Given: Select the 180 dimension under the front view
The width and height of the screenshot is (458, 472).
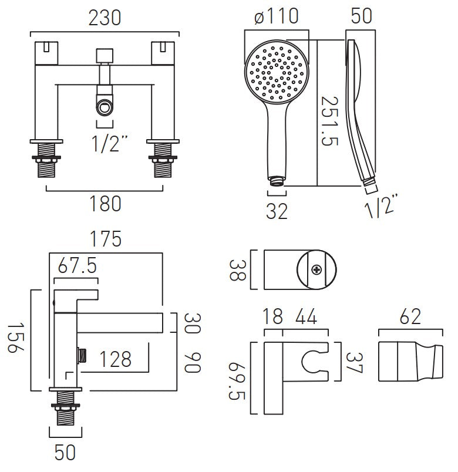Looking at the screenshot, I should (105, 204).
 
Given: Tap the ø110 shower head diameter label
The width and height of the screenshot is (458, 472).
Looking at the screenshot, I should (276, 18).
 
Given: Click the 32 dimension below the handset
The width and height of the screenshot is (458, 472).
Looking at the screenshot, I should (276, 210).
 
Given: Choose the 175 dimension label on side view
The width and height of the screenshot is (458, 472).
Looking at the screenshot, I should (105, 240).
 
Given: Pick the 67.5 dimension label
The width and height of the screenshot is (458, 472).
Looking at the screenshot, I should (76, 267).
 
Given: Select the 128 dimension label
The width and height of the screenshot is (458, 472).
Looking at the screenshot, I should (114, 359).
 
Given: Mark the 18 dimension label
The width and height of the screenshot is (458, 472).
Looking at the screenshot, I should (274, 318).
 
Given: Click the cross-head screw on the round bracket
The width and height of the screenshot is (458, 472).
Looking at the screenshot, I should (318, 270).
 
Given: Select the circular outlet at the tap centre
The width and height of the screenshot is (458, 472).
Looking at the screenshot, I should (105, 107).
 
